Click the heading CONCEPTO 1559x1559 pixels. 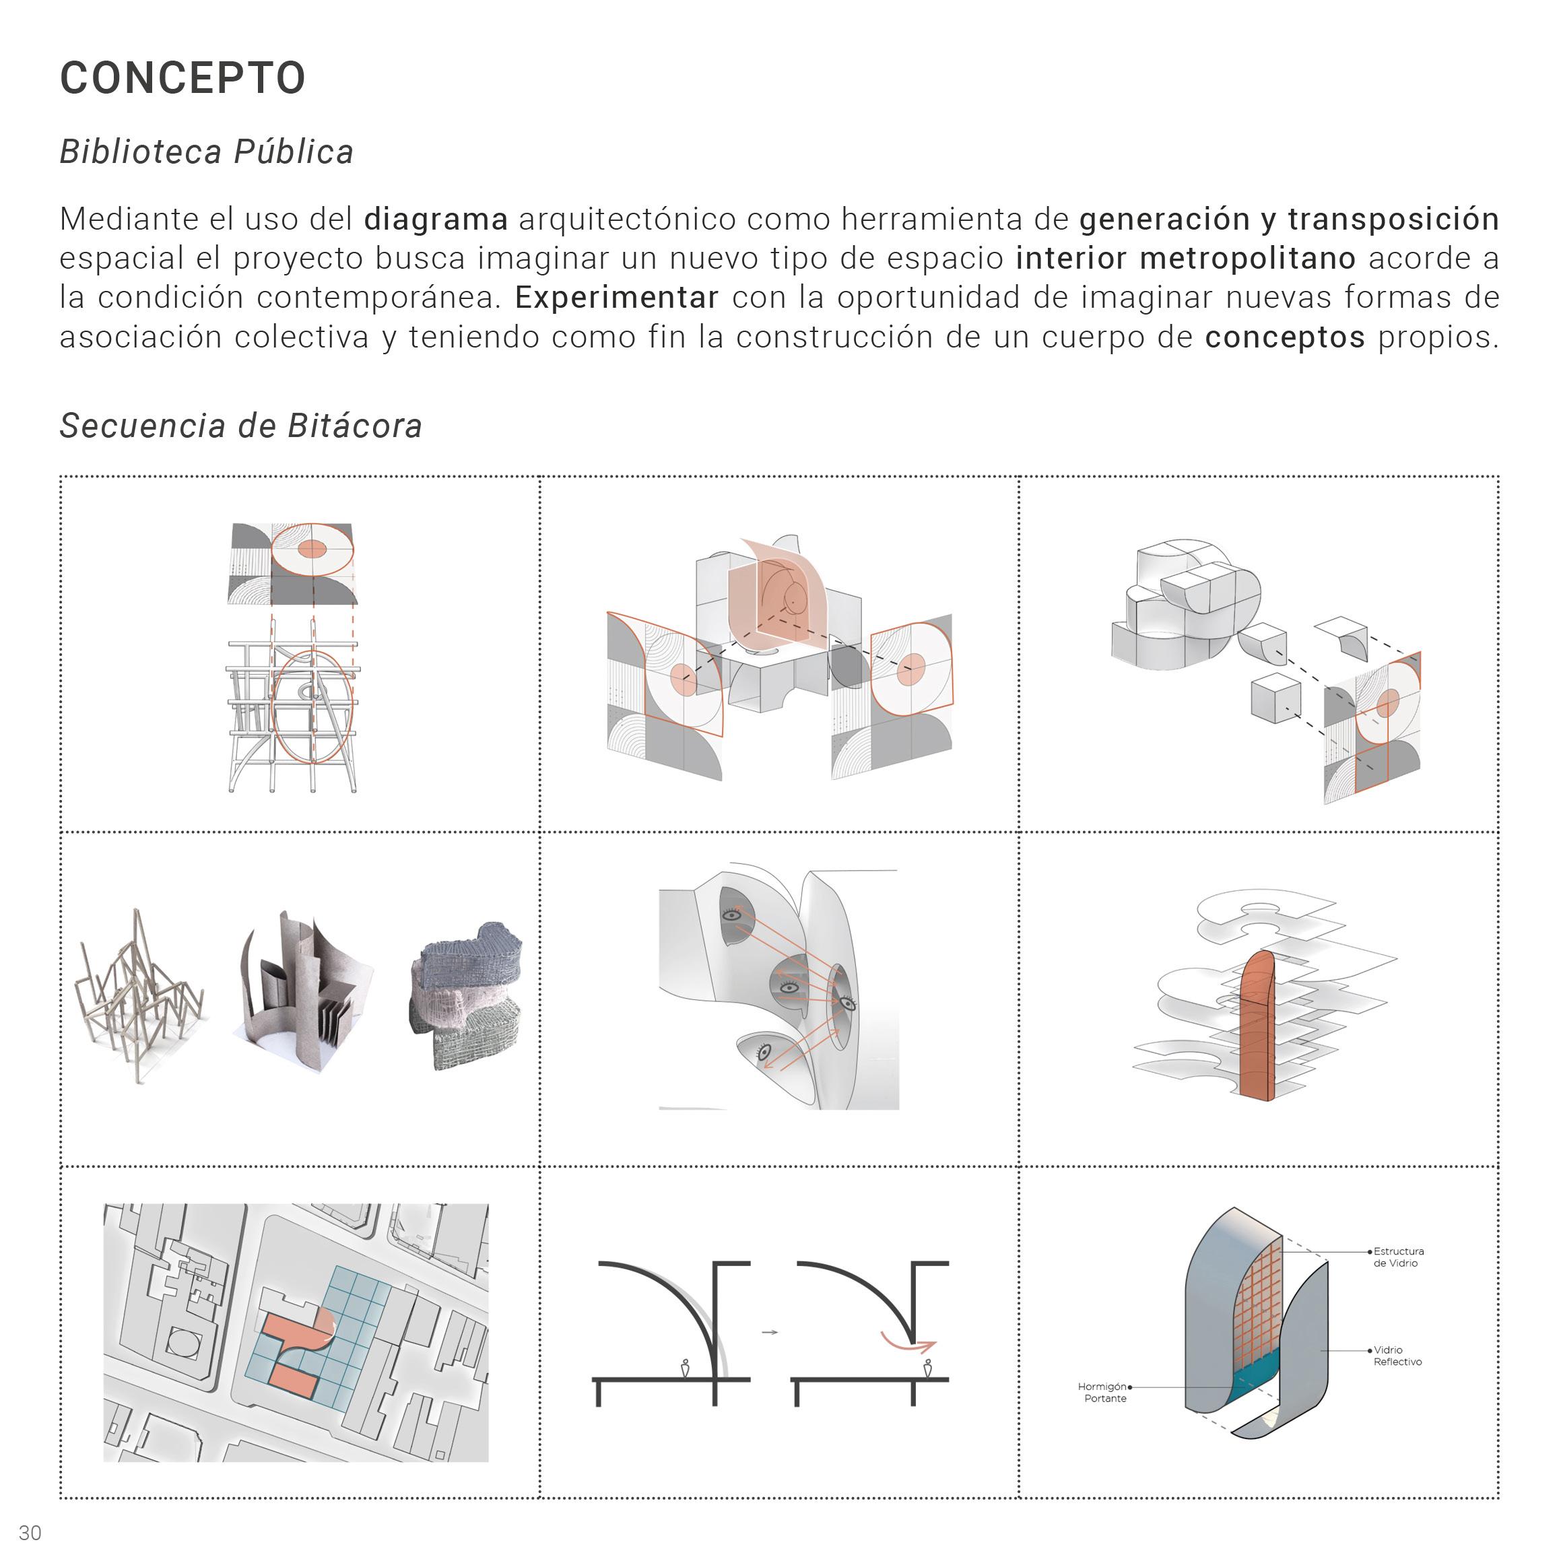pyautogui.click(x=183, y=78)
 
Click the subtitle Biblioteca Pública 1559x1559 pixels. pyautogui.click(x=207, y=152)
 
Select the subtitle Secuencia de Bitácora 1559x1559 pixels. pyautogui.click(x=240, y=426)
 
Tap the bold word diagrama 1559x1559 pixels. pyautogui.click(x=436, y=219)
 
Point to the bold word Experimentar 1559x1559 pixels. pyautogui.click(x=616, y=298)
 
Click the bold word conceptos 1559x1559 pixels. pyautogui.click(x=1285, y=337)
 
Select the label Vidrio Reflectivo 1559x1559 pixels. pyautogui.click(x=1397, y=1356)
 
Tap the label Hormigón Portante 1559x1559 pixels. pyautogui.click(x=1104, y=1392)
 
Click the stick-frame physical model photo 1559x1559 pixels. pyautogui.click(x=139, y=997)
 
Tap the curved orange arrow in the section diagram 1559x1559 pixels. pyautogui.click(x=907, y=1343)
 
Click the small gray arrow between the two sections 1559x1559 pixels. pyautogui.click(x=770, y=1332)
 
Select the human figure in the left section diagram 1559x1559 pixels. pyautogui.click(x=685, y=1368)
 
